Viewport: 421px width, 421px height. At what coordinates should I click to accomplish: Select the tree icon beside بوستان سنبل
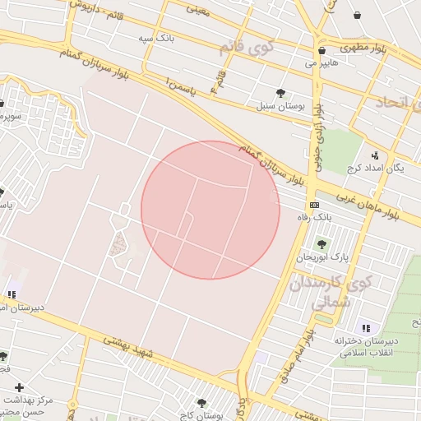tap(281, 93)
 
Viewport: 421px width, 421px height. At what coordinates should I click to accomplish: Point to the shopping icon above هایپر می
tap(322, 50)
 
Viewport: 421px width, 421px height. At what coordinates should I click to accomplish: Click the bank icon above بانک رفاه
tap(313, 205)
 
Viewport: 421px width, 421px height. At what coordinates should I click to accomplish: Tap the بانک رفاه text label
tap(313, 217)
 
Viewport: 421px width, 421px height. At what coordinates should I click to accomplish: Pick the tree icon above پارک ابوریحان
tap(322, 244)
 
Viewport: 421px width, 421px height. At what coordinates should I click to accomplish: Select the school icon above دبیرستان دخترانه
tap(365, 328)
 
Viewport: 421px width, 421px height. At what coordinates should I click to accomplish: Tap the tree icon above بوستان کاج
tap(201, 404)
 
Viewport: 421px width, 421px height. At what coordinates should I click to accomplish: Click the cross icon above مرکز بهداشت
tap(19, 387)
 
